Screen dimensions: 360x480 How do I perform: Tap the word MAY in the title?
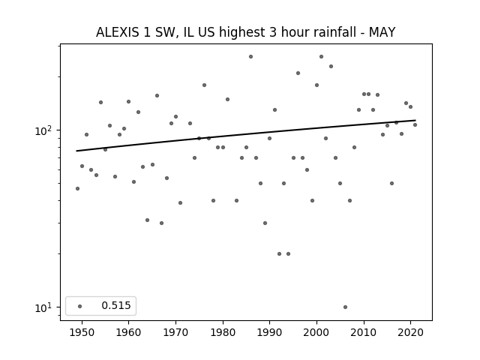(382, 32)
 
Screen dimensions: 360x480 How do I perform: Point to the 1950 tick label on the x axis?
(82, 332)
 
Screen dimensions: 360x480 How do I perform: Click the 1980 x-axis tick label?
(223, 332)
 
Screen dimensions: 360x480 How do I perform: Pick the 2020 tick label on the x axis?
(410, 332)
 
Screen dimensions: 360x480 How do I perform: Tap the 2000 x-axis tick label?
(316, 332)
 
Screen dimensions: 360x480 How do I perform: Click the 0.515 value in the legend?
(115, 305)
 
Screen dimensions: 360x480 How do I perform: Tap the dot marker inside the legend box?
(79, 305)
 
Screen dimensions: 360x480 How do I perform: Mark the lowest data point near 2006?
(345, 307)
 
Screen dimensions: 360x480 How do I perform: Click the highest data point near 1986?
(250, 56)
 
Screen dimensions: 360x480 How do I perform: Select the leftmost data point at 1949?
(77, 188)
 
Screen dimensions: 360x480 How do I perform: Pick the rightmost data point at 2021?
(415, 124)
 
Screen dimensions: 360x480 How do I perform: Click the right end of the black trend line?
(415, 120)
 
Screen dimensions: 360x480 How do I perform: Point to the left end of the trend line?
(77, 151)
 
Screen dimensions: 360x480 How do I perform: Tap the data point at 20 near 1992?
(279, 253)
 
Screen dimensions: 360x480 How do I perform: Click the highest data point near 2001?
(321, 56)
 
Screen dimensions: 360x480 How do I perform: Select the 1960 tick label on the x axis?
(129, 332)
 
